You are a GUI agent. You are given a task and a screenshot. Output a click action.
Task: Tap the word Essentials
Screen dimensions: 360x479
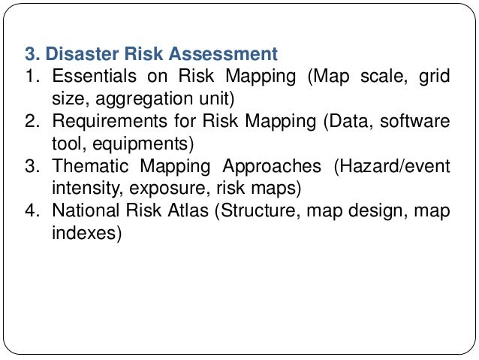click(x=95, y=77)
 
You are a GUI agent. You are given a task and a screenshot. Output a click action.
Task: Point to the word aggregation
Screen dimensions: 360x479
click(x=143, y=98)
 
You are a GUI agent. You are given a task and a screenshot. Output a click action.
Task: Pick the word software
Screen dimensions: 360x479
click(x=414, y=120)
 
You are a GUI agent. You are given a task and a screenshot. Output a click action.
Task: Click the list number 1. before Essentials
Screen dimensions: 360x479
click(x=32, y=77)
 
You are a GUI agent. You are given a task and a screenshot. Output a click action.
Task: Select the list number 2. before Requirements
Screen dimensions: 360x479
click(x=32, y=120)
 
